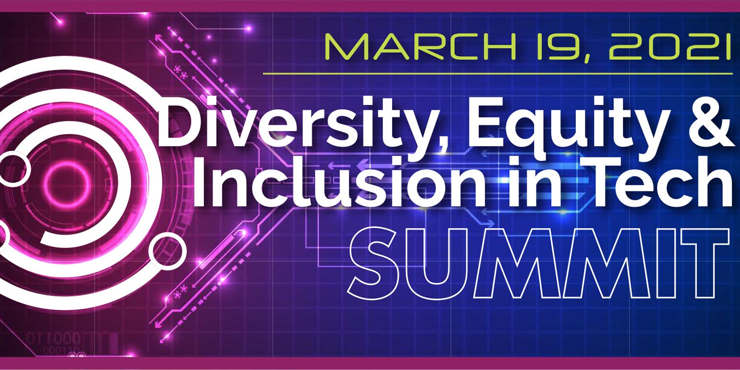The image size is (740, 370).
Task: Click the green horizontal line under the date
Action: [498, 74]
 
